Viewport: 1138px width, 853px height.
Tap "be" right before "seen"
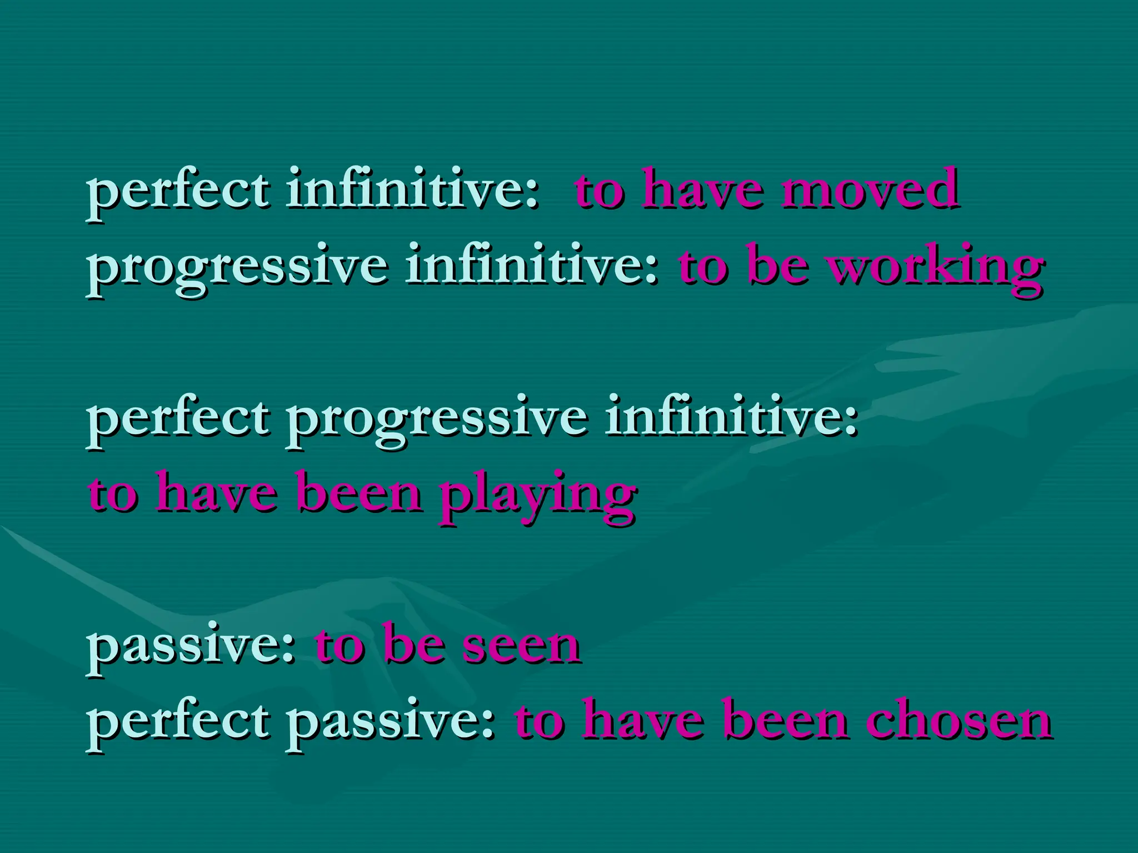point(414,646)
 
